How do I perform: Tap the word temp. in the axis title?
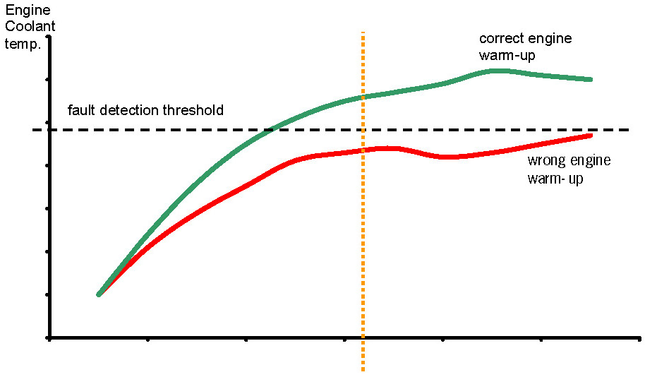23,44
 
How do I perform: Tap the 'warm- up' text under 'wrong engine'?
557,179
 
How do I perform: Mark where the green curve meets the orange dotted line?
363,97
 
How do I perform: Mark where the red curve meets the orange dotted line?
363,150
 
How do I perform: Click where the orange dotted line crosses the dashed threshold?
363,130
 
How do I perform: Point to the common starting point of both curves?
99,294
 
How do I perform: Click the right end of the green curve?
591,79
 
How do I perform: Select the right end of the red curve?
591,134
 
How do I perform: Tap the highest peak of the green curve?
496,70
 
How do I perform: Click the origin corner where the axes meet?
49,338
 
